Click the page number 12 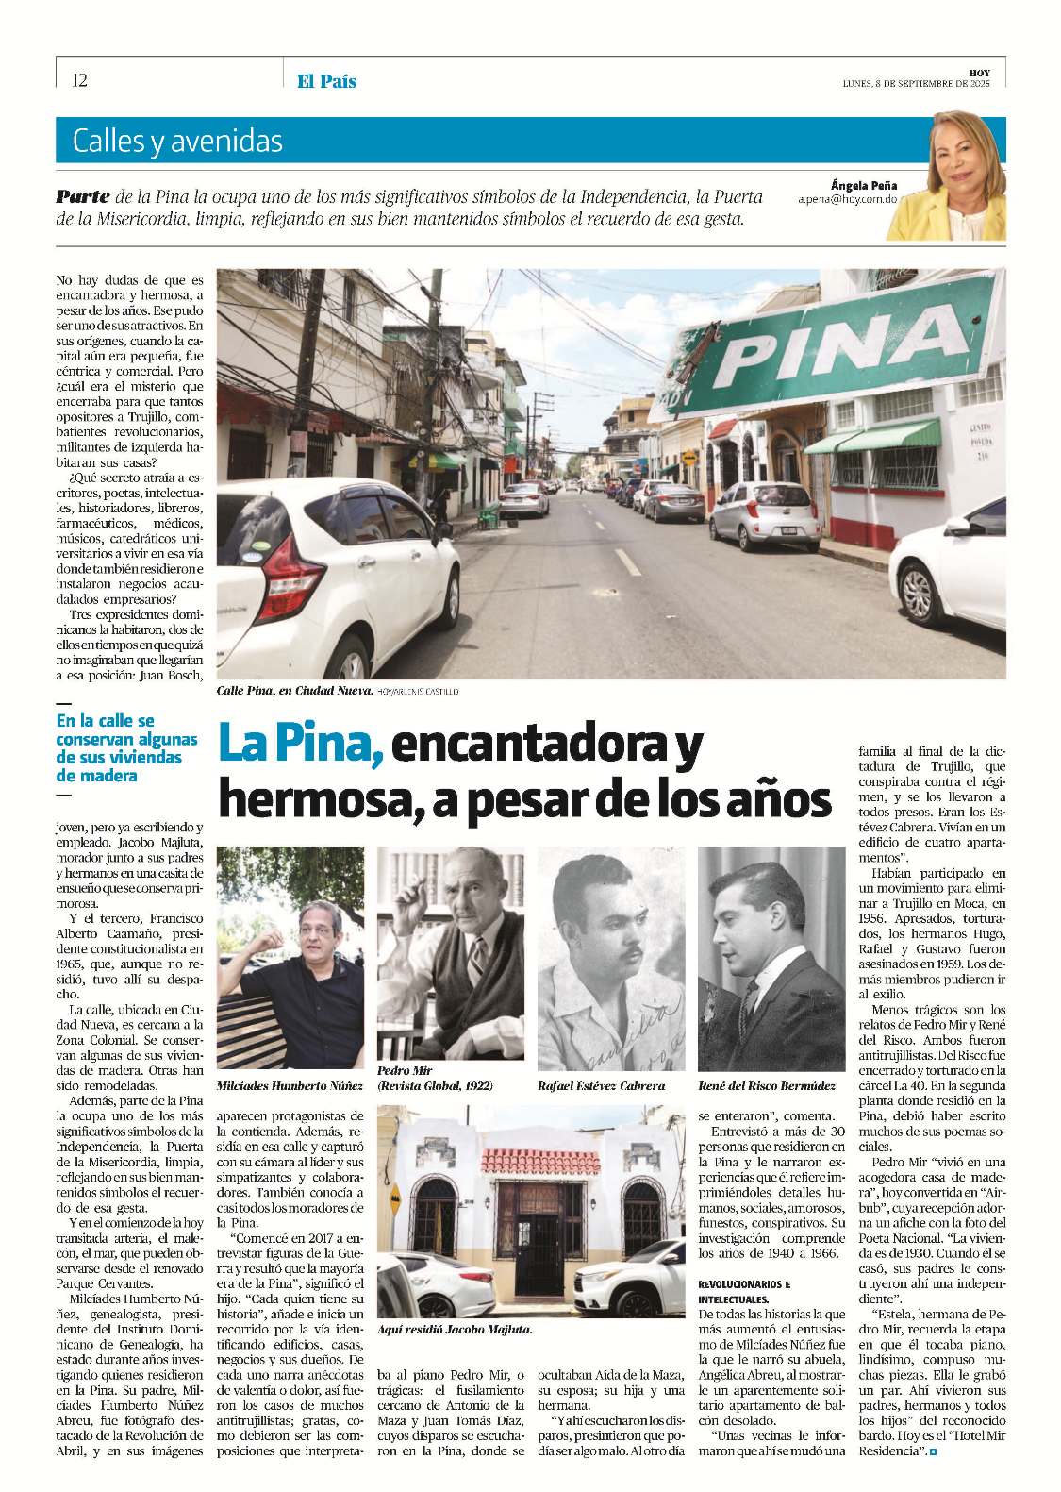[79, 80]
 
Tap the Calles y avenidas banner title [177, 142]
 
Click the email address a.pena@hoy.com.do [847, 200]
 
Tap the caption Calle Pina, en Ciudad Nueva [294, 691]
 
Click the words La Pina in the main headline [300, 746]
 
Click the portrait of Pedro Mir [451, 953]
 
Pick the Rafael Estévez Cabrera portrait [611, 958]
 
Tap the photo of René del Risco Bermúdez [771, 958]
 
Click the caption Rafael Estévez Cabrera [601, 1085]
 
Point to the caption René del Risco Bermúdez [767, 1085]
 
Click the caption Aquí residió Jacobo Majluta [455, 1329]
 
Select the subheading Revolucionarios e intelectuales [745, 1292]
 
